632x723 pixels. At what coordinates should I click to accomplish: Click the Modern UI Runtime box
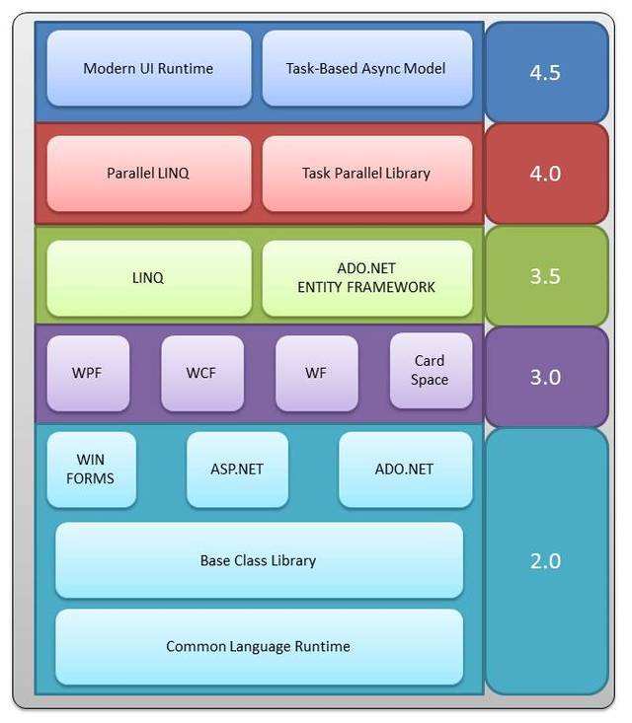tap(148, 68)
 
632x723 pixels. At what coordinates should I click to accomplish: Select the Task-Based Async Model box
tap(366, 68)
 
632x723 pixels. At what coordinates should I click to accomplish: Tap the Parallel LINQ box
tap(148, 173)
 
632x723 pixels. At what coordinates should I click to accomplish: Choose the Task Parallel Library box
tap(366, 173)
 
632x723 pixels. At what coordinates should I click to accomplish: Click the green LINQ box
tap(148, 277)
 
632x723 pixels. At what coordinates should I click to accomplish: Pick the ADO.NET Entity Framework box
tap(366, 277)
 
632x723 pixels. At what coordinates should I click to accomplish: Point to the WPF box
tap(87, 374)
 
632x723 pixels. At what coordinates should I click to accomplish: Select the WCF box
tap(201, 374)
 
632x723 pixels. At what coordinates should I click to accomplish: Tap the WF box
tap(316, 374)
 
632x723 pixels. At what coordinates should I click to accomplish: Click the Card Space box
tap(430, 370)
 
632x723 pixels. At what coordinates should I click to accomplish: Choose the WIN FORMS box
tap(91, 470)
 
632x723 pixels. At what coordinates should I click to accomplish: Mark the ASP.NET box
tap(237, 470)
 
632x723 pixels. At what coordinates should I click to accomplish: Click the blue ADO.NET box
tap(405, 470)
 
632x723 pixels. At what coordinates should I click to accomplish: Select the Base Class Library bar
tap(259, 560)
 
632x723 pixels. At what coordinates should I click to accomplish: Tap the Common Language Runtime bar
tap(259, 647)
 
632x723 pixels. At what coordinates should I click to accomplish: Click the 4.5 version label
tap(545, 73)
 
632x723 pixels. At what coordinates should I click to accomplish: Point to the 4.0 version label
tap(545, 174)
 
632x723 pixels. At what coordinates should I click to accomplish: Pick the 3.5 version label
tap(545, 276)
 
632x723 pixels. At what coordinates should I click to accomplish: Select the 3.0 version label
tap(545, 377)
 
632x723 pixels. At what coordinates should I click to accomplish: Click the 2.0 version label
tap(545, 560)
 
